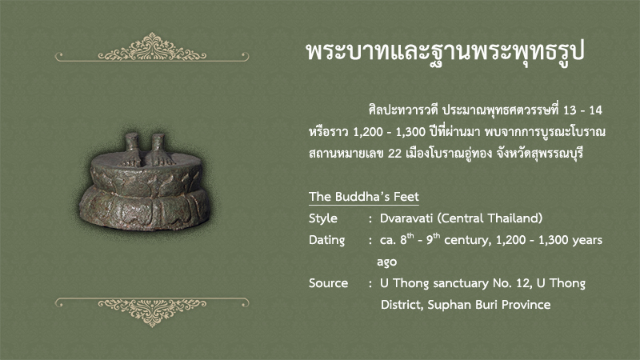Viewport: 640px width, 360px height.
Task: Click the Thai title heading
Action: pyautogui.click(x=446, y=53)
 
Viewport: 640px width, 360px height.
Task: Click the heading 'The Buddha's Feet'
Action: pyautogui.click(x=364, y=197)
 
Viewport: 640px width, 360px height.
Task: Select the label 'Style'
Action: pyautogui.click(x=323, y=218)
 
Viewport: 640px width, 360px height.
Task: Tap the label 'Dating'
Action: pyautogui.click(x=326, y=240)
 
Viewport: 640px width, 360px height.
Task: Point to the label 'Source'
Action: pyautogui.click(x=328, y=283)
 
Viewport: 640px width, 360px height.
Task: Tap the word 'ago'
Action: pyautogui.click(x=386, y=262)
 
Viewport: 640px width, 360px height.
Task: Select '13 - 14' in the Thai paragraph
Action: pyautogui.click(x=582, y=110)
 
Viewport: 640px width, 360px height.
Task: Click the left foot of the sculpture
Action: pyautogui.click(x=131, y=150)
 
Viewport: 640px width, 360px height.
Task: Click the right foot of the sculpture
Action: pyautogui.click(x=160, y=150)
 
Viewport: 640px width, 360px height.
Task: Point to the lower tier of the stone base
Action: pyautogui.click(x=145, y=210)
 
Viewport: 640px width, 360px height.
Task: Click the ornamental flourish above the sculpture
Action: pyautogui.click(x=152, y=48)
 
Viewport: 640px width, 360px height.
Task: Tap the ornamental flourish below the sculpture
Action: pyautogui.click(x=152, y=311)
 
